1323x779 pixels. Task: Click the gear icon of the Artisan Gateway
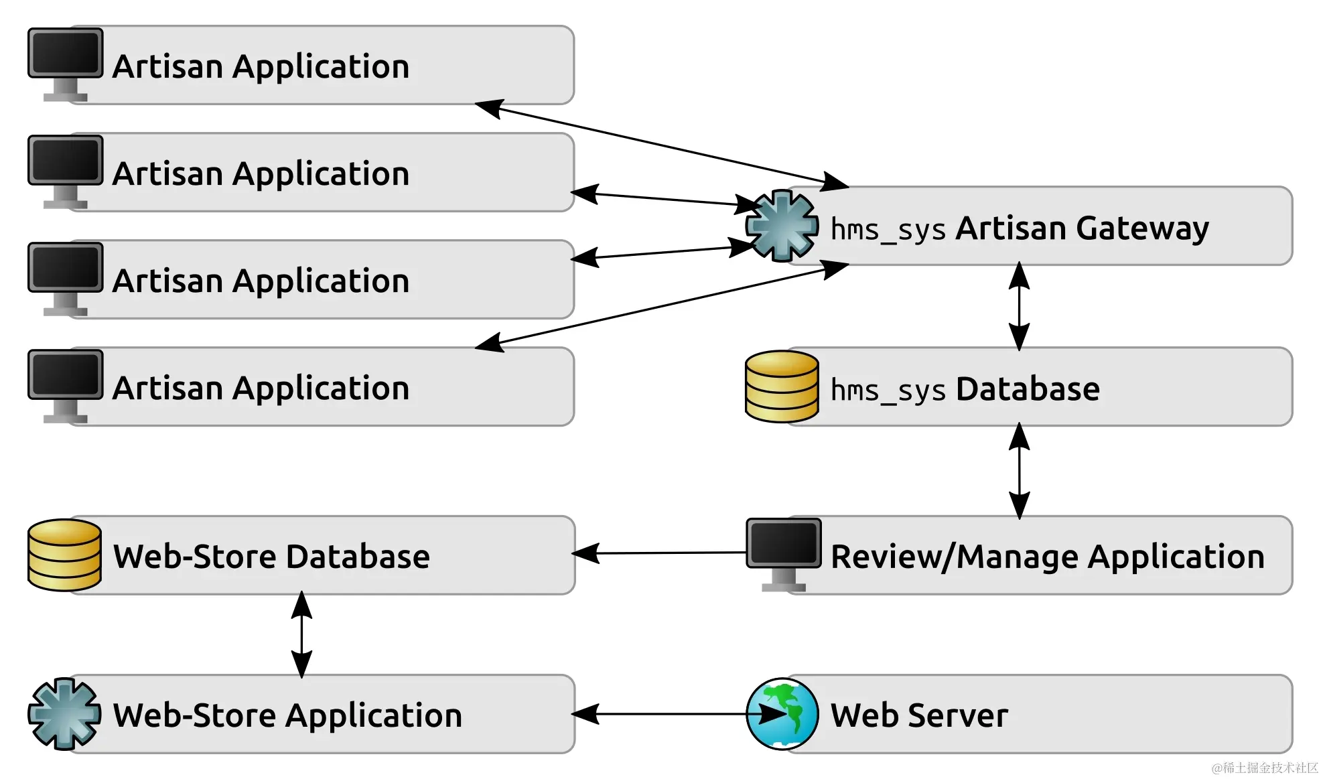pyautogui.click(x=782, y=226)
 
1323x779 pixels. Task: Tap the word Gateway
pyautogui.click(x=1142, y=228)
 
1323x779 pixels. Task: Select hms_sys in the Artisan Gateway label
pyautogui.click(x=888, y=230)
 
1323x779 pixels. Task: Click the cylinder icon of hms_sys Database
pyautogui.click(x=782, y=386)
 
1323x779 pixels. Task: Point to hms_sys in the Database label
pyautogui.click(x=888, y=390)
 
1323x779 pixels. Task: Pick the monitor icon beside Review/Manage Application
pyautogui.click(x=783, y=553)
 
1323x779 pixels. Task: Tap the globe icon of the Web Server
pyautogui.click(x=782, y=713)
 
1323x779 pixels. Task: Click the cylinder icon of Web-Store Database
pyautogui.click(x=64, y=555)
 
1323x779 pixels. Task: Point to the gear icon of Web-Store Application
pyautogui.click(x=64, y=713)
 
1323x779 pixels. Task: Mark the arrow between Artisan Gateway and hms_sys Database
pyautogui.click(x=1019, y=306)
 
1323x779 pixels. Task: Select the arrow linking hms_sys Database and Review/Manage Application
pyautogui.click(x=1019, y=471)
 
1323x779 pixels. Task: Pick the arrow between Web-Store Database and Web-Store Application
pyautogui.click(x=301, y=634)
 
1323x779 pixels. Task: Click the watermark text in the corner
pyautogui.click(x=1264, y=768)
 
